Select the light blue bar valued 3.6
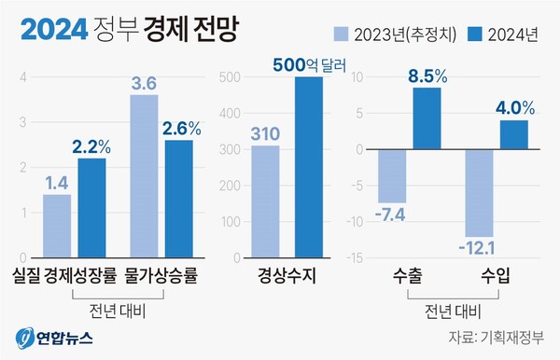144,175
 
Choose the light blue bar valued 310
266,201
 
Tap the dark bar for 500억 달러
309,167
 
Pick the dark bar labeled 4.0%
514,134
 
